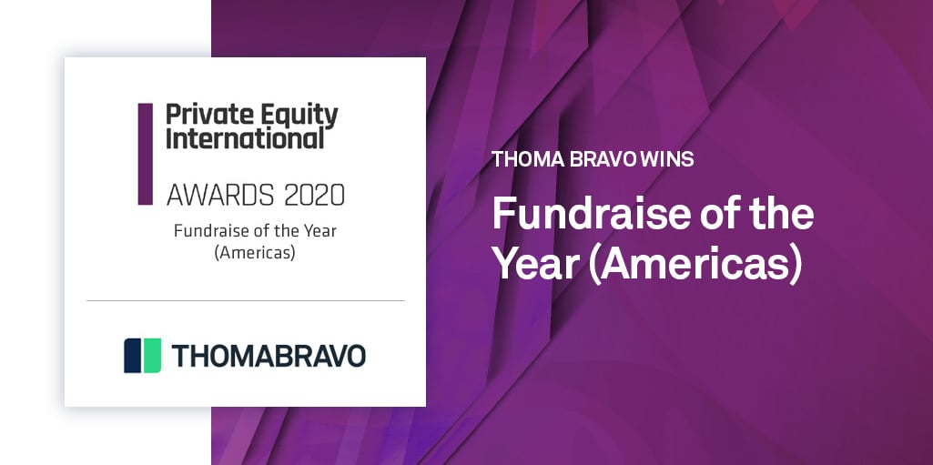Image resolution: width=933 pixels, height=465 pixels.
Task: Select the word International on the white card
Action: tap(245, 139)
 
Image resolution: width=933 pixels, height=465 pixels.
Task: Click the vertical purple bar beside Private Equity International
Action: tap(145, 153)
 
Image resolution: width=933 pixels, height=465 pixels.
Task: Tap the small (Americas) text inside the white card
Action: tap(255, 253)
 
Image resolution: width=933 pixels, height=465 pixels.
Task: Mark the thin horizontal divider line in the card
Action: tap(245, 300)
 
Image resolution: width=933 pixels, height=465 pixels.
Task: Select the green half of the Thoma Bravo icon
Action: tap(151, 355)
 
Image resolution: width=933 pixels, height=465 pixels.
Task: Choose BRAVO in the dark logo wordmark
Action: tap(311, 356)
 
